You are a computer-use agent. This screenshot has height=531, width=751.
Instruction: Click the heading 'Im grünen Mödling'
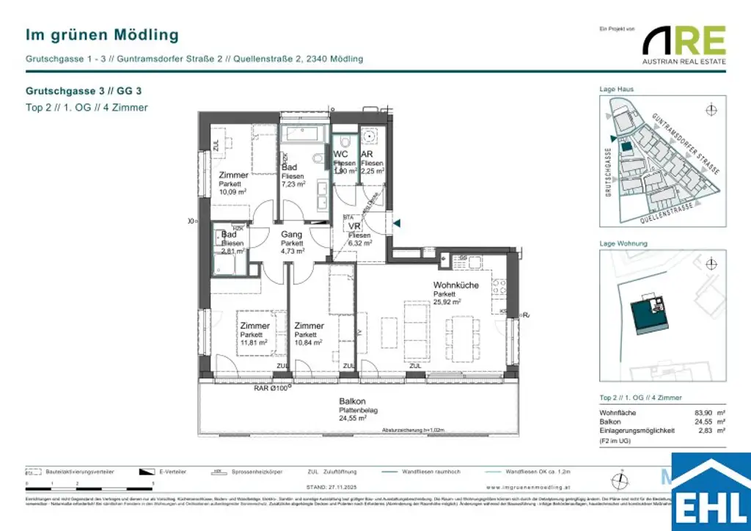102,34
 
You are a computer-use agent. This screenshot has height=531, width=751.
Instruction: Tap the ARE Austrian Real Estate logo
684,44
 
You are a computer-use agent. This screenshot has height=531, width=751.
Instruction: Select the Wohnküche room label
457,285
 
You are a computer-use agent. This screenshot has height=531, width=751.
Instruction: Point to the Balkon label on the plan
353,401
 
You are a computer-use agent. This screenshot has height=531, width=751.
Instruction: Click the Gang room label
292,234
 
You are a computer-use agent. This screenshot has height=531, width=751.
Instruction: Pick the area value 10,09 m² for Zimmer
232,192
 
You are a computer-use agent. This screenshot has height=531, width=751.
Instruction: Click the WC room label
341,154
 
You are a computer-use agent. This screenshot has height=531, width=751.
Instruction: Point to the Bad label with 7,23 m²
289,168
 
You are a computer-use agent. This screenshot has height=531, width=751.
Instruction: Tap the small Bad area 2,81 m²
232,251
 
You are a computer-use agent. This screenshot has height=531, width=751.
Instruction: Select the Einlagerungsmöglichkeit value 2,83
705,431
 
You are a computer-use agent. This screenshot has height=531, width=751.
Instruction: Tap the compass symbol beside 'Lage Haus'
709,111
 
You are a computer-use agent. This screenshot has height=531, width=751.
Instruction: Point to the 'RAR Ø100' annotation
270,388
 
